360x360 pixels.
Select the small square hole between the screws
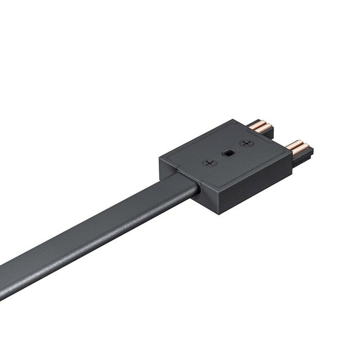[x=227, y=153]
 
